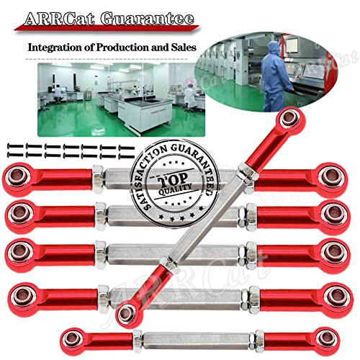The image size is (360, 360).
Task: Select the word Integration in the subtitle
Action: tap(59, 48)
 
